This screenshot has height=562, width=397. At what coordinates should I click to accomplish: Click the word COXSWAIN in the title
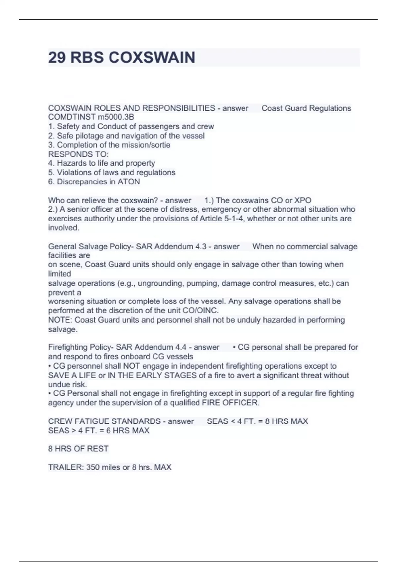[x=152, y=58]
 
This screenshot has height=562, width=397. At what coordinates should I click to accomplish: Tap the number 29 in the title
[x=57, y=58]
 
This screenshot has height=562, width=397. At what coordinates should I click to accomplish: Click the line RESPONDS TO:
[x=78, y=154]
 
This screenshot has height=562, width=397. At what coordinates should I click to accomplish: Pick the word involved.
[x=64, y=228]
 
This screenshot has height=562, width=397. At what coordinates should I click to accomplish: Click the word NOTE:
[x=60, y=320]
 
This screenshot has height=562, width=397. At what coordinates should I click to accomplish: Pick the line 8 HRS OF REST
[x=78, y=449]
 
